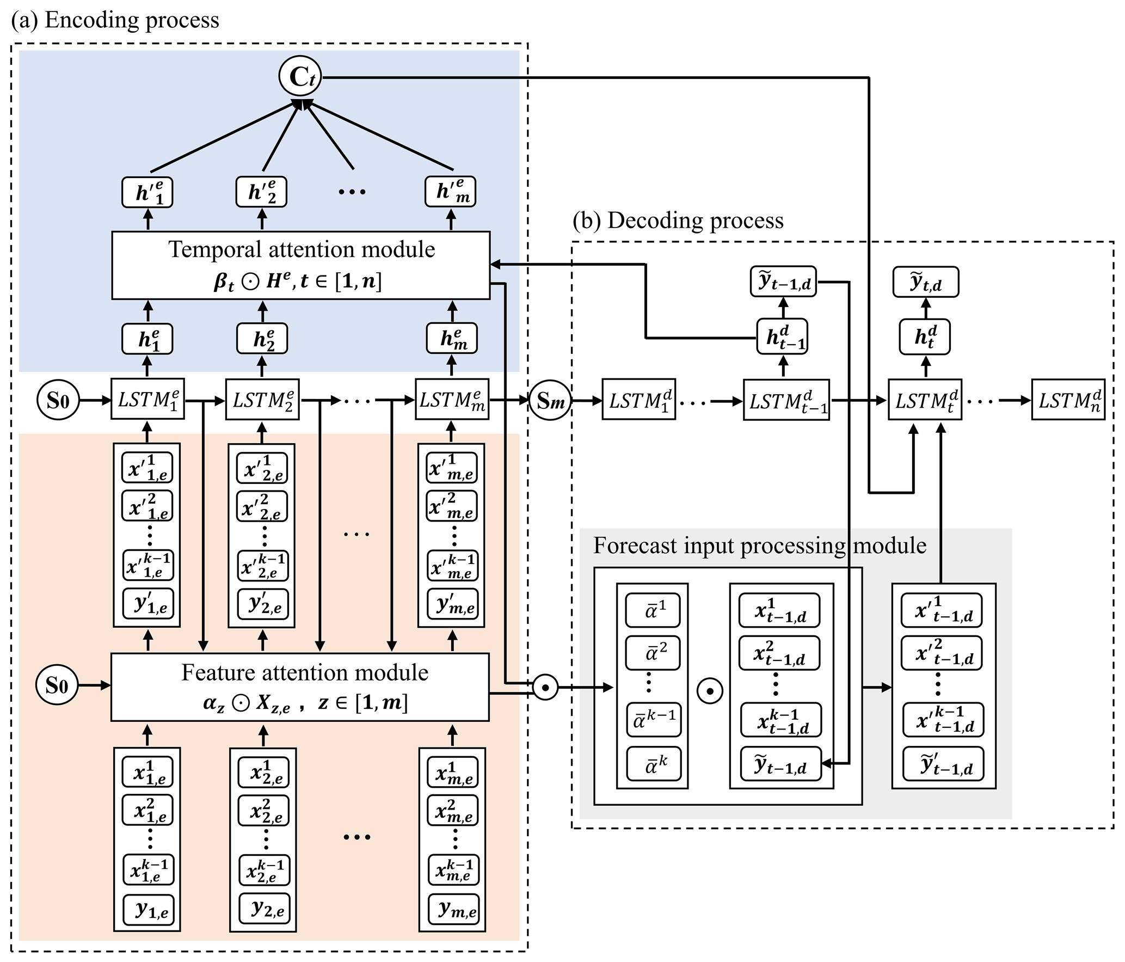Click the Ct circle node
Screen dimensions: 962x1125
click(x=300, y=77)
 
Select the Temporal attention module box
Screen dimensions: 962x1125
click(x=300, y=265)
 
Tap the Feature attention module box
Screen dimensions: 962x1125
click(x=300, y=687)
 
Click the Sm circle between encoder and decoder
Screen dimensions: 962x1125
click(x=550, y=401)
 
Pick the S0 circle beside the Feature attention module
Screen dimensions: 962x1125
click(x=57, y=685)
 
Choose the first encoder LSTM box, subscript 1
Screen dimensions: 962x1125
click(x=147, y=400)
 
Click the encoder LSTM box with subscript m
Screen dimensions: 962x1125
click(x=452, y=400)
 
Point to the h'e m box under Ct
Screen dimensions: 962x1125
click(x=450, y=192)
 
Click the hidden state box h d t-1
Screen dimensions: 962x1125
click(x=783, y=338)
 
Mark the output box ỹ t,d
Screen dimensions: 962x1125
click(x=925, y=283)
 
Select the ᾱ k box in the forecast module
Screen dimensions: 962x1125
click(x=654, y=763)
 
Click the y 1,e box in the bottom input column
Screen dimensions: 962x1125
click(x=148, y=910)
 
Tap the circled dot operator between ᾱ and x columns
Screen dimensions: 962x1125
click(x=710, y=691)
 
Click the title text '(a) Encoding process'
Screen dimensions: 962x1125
click(x=115, y=20)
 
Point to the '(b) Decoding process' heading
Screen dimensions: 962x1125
click(x=678, y=220)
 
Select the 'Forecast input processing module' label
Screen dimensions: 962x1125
click(x=759, y=546)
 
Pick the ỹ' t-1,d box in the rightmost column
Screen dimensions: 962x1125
click(x=943, y=764)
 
